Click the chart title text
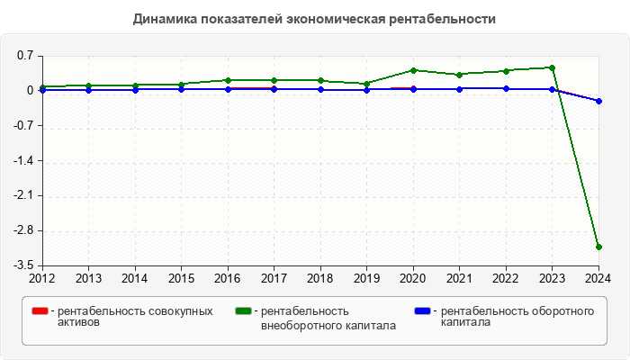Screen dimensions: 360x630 coord(314,18)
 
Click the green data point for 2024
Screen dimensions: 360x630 coord(598,247)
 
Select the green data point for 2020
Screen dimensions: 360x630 coord(413,70)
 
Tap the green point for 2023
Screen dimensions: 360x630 coord(552,67)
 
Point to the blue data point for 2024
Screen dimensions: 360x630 coord(598,101)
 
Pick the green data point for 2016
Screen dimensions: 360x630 coord(228,80)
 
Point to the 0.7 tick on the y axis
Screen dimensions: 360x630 coord(24,56)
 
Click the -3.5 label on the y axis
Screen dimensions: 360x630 coord(22,265)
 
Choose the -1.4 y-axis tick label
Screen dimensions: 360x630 coord(22,161)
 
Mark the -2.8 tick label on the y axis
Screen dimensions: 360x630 coord(22,230)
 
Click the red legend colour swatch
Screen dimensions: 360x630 coord(40,311)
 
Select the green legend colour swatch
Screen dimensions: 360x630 coord(243,311)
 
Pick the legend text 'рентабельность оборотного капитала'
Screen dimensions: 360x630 coord(517,317)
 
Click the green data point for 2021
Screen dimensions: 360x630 coord(459,75)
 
